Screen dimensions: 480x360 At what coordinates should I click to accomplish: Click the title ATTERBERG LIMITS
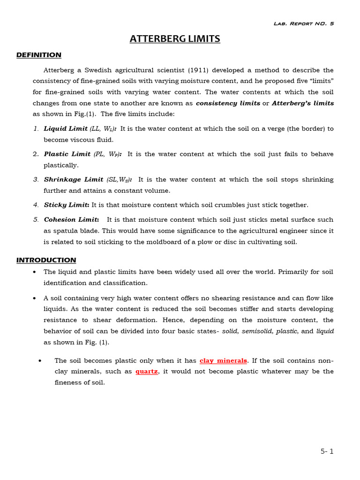point(175,39)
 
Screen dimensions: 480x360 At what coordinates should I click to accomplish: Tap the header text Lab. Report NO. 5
point(303,23)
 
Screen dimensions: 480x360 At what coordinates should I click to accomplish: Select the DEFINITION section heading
point(39,55)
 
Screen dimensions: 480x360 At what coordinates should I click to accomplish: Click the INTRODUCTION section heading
point(46,260)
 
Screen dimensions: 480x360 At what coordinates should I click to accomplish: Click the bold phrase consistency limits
point(228,103)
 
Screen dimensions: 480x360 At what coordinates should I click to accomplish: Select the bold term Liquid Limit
point(66,128)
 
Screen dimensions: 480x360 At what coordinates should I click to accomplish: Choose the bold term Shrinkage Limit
point(74,180)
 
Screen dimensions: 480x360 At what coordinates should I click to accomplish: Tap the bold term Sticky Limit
point(67,205)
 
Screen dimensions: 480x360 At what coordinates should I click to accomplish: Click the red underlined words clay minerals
point(223,360)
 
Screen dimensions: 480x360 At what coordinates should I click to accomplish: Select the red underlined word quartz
point(147,371)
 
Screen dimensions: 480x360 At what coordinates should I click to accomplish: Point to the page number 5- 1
point(327,451)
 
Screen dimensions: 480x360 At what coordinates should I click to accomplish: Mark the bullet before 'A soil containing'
point(35,298)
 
